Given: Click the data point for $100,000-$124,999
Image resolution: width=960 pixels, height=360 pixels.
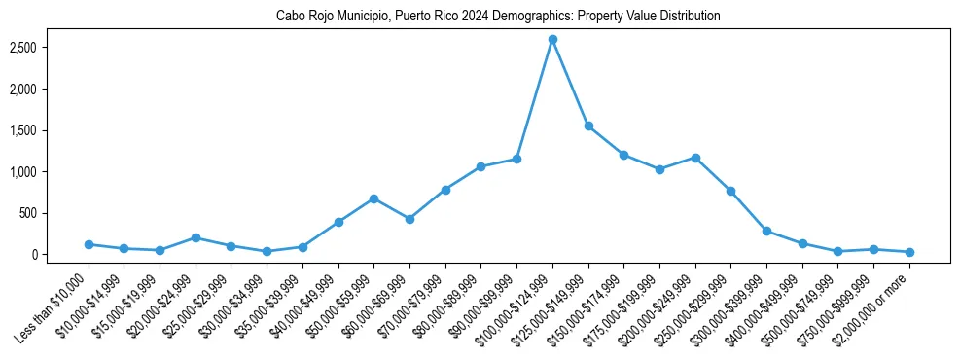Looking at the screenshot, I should pyautogui.click(x=552, y=39).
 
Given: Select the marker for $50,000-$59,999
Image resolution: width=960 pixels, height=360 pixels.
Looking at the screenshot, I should pyautogui.click(x=373, y=198).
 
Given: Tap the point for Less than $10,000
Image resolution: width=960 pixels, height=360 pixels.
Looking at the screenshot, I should pyautogui.click(x=89, y=244).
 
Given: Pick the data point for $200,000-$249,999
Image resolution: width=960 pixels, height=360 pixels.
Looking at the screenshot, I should pyautogui.click(x=695, y=157).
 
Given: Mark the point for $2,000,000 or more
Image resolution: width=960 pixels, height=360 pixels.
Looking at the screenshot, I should pyautogui.click(x=909, y=252).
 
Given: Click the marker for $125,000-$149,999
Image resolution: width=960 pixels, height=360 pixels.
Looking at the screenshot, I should pyautogui.click(x=588, y=126).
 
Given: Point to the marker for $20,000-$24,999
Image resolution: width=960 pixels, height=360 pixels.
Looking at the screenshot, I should pyautogui.click(x=196, y=237).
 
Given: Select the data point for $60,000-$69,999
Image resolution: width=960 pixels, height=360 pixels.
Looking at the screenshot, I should pyautogui.click(x=409, y=219).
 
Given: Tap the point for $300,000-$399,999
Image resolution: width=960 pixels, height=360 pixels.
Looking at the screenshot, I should pyautogui.click(x=766, y=231).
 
